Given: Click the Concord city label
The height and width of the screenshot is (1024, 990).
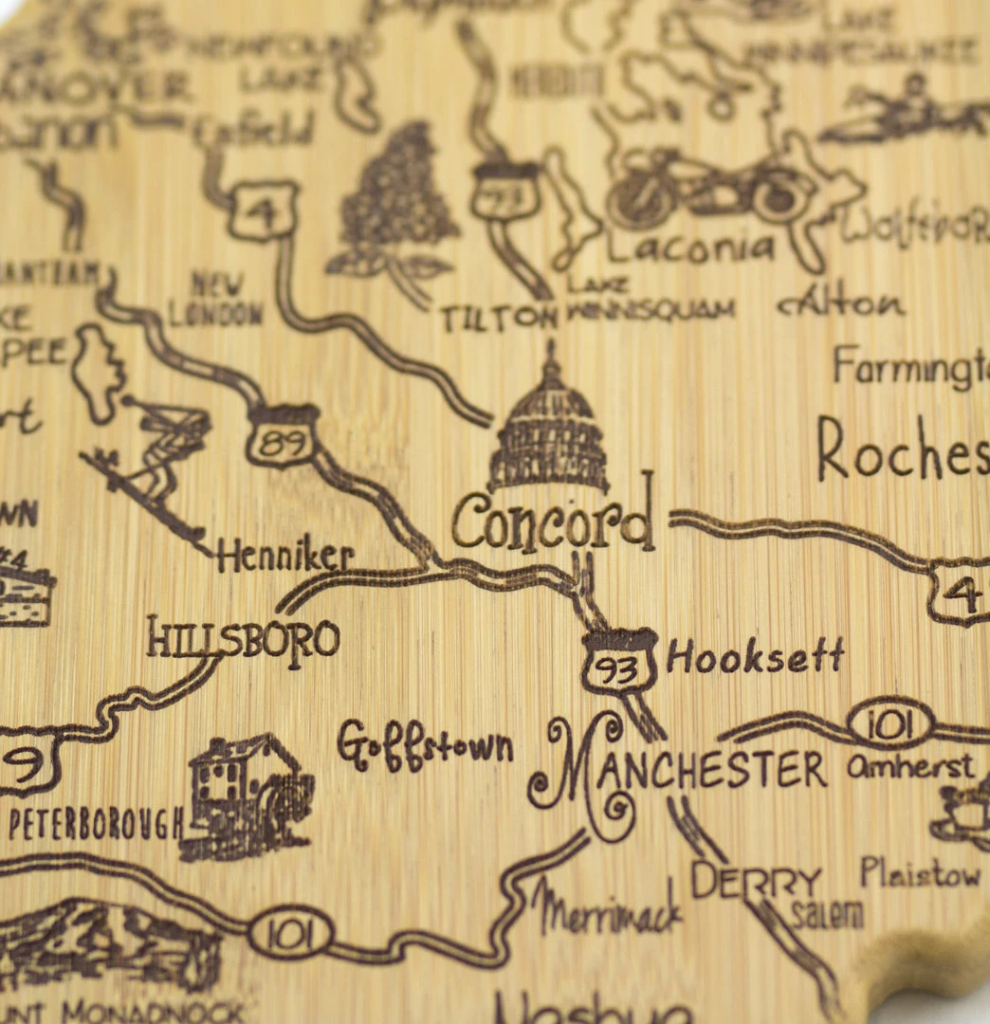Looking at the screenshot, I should (553, 522).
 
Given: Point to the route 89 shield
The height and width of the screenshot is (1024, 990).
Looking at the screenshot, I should (283, 438).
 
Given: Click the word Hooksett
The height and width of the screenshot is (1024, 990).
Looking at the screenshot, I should (755, 656).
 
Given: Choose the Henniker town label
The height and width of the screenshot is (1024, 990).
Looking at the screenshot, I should (284, 558).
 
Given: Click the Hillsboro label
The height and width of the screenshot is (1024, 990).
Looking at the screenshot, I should (243, 638).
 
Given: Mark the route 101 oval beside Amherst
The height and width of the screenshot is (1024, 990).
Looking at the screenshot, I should (889, 725).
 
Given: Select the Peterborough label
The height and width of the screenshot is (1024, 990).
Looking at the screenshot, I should (95, 823).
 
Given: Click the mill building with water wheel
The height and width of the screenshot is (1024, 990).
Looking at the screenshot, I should (248, 795).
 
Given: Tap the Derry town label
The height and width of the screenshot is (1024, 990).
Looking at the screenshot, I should (756, 882).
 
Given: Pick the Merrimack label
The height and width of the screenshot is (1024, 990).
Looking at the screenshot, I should (607, 909).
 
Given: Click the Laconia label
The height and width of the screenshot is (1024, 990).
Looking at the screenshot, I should (690, 248).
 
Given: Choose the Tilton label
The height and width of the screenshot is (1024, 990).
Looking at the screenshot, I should (499, 318).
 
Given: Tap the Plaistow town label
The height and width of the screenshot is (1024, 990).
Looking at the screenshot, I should (920, 873).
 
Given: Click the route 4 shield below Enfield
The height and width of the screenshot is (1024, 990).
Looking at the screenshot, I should (263, 209).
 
